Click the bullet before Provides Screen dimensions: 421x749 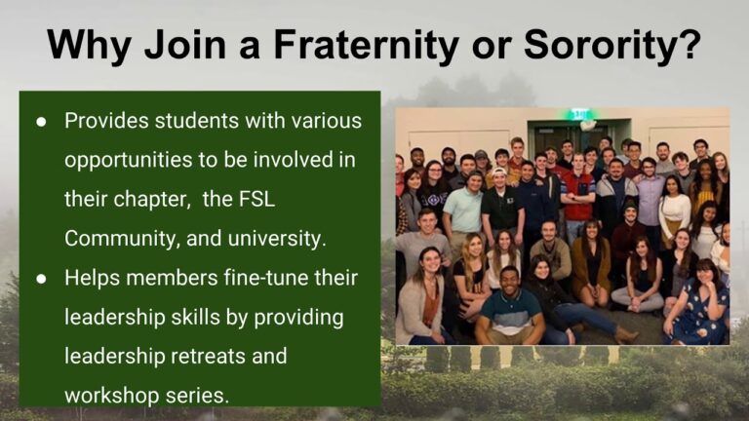coord(41,122)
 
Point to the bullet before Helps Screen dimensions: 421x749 coord(41,278)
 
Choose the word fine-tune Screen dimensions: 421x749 coord(275,278)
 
